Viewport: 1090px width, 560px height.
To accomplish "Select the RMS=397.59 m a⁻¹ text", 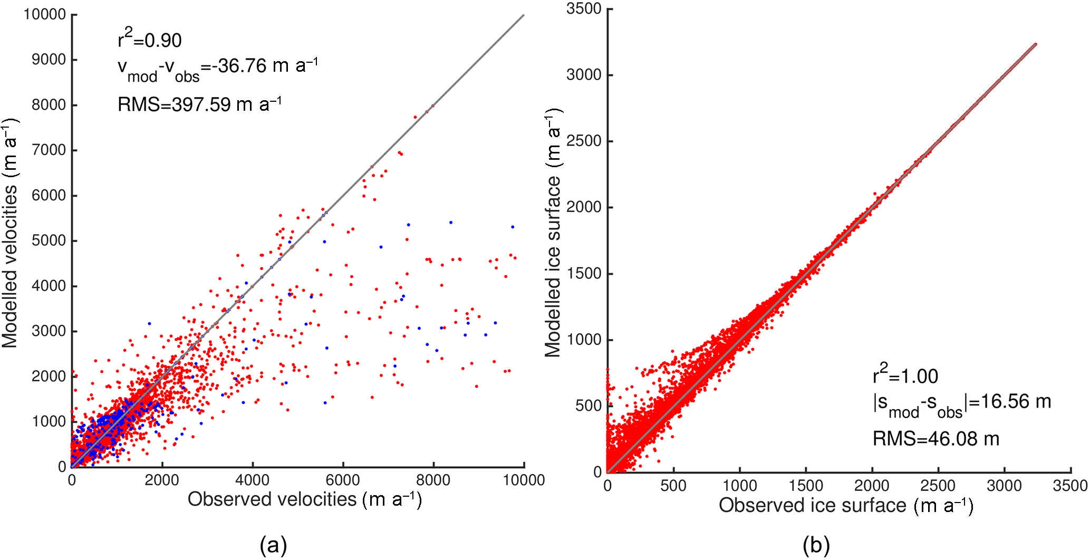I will [199, 104].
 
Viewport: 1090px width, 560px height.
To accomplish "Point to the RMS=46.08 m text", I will [935, 439].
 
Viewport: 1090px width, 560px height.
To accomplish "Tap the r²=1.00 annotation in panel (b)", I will [905, 375].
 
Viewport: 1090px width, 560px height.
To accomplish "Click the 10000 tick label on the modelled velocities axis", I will [44, 14].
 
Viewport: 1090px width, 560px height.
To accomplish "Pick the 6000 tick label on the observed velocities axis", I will [343, 480].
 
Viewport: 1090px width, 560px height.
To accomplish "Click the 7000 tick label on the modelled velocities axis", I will [49, 150].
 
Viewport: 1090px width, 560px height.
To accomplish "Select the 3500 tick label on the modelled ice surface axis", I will [584, 8].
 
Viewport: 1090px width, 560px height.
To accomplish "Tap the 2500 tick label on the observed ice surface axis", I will [938, 485].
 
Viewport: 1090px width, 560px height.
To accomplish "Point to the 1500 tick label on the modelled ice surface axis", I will [584, 273].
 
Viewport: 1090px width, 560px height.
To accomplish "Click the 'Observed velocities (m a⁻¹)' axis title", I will [305, 499].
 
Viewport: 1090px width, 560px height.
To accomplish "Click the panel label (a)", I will [273, 545].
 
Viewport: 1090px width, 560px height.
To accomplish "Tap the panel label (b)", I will [816, 545].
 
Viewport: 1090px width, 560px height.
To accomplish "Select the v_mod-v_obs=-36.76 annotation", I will [217, 69].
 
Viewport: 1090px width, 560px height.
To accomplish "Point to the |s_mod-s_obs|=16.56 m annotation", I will [961, 404].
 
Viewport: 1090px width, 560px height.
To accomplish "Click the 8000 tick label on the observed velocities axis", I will [433, 480].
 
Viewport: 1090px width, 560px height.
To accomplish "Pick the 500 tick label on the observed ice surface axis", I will [673, 485].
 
